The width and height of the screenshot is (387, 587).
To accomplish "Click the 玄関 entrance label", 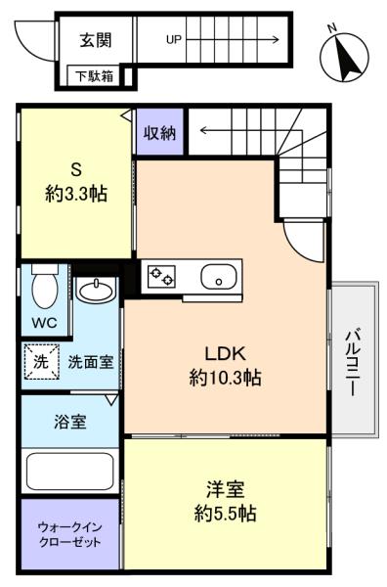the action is coord(96,40).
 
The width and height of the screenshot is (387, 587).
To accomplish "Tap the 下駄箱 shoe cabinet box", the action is coord(95,76).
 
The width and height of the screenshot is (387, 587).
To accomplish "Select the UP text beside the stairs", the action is coord(174,39).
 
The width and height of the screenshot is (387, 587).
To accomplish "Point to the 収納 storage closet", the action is coord(160,131).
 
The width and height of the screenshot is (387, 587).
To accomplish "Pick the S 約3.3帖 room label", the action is coord(76,182).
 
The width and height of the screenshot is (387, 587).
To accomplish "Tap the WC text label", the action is coord(45,322).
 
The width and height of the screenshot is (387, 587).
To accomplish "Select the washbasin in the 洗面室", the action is coord(96,290).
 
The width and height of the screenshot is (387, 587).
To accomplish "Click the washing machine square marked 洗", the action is coord(41,362).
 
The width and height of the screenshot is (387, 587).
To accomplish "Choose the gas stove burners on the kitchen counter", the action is coord(161,276).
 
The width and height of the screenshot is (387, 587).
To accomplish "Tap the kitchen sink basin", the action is coord(219,277).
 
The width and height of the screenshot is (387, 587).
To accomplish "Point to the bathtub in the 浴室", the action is coord(70,470).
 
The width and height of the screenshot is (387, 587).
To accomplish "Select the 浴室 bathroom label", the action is coord(70,422).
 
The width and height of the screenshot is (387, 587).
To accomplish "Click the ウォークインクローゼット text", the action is coord(70,535).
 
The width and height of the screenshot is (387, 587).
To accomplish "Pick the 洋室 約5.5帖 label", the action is coord(225,501).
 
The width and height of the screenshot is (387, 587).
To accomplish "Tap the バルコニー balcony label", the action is coord(353,362).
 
